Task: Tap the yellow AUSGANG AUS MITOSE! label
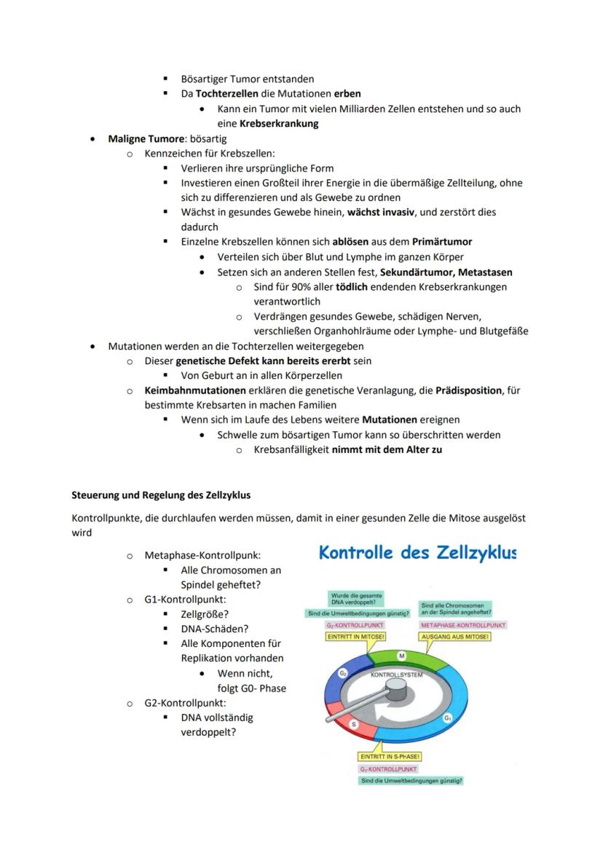point(455,636)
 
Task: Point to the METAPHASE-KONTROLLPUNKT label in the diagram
point(463,625)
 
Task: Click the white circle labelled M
point(401,656)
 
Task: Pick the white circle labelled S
point(354,724)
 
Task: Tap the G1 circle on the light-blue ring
point(447,718)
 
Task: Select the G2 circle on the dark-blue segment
point(342,673)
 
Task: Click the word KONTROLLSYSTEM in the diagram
point(396,675)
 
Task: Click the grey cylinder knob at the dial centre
point(396,688)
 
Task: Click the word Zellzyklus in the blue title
point(476,553)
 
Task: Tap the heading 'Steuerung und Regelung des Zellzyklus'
point(161,495)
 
